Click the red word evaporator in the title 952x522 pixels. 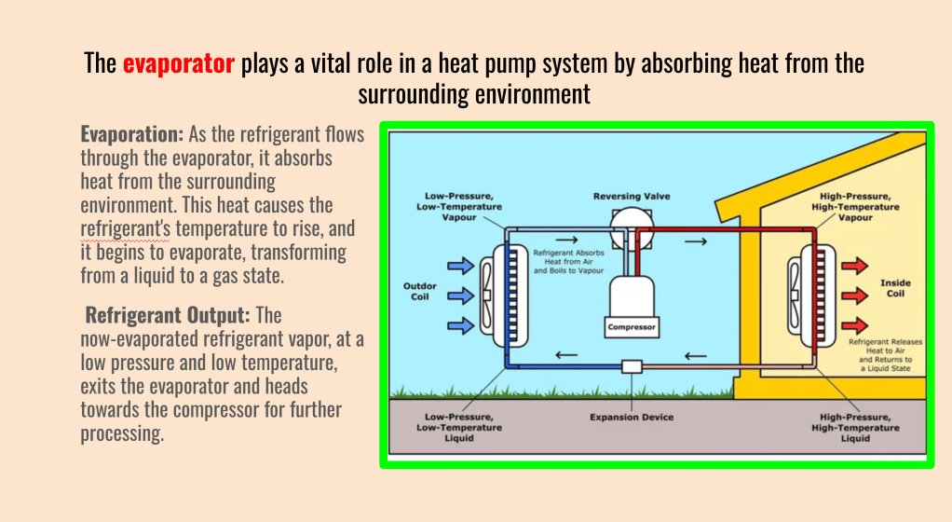point(178,64)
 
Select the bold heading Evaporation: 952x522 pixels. point(131,134)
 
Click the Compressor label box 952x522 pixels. point(632,327)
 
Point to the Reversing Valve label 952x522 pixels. point(631,197)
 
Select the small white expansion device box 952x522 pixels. point(632,366)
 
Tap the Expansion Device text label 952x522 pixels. point(631,417)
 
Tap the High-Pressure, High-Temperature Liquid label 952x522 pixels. point(855,427)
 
